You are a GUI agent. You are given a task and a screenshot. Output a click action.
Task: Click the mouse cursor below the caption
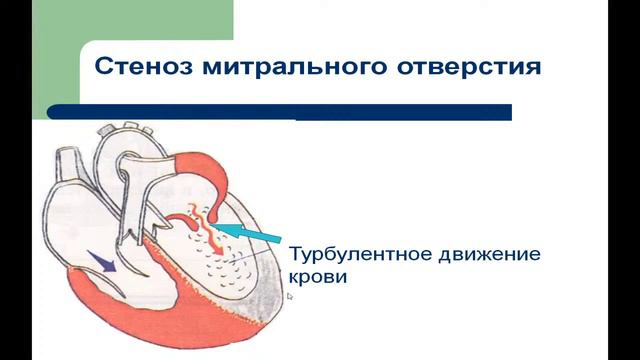tap(289, 296)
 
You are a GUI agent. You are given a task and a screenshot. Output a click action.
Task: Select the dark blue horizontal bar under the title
tap(280, 112)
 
